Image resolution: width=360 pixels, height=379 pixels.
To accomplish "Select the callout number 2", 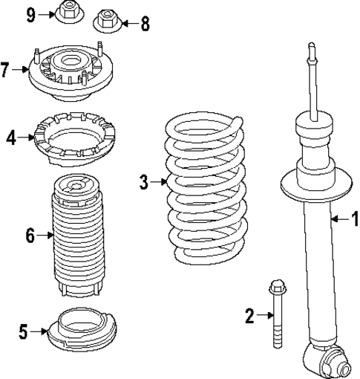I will pos(249,317).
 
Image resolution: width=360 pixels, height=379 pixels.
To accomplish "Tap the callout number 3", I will pos(144,181).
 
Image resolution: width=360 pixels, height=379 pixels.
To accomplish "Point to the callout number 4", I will pos(11,137).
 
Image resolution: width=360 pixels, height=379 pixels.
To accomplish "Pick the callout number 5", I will pos(24,332).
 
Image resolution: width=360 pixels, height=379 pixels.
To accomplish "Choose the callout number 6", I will pos(30,236).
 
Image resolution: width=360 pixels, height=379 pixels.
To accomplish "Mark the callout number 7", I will pos(6,71).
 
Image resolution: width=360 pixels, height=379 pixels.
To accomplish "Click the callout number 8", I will pos(144,24).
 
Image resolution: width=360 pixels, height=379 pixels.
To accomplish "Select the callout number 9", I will pos(31,13).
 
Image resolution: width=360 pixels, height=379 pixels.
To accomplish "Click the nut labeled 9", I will pos(68,12).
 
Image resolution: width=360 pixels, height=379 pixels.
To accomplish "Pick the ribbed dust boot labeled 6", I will pos(78,234).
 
